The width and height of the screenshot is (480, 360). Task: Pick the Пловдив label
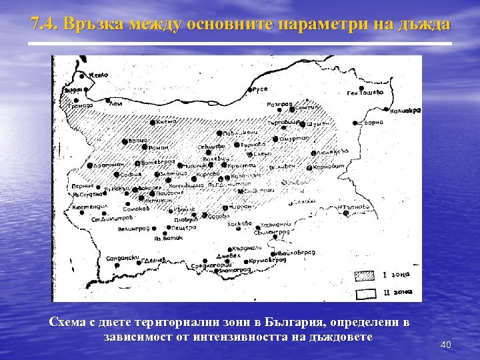(x=185, y=219)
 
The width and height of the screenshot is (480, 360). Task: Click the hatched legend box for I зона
(x=364, y=275)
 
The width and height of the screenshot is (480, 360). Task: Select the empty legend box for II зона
(x=364, y=292)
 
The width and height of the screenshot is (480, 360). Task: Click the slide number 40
(x=446, y=345)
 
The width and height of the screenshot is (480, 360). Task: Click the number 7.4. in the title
(x=45, y=25)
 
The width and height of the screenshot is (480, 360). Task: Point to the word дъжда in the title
(x=426, y=25)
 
